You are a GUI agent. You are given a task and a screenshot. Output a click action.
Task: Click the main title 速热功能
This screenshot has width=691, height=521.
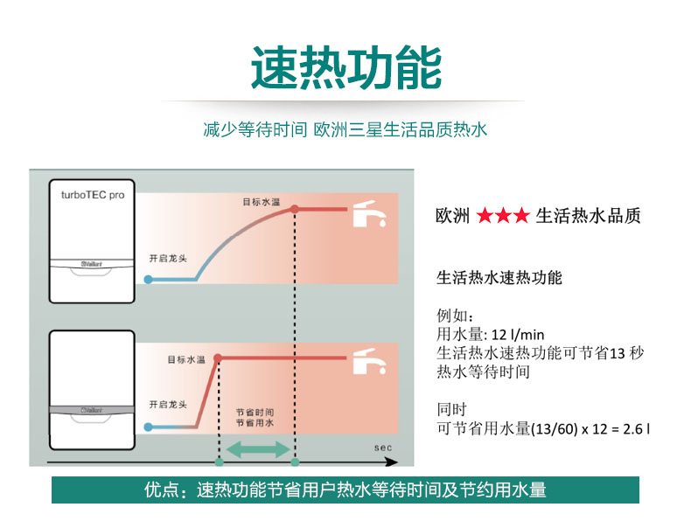346,67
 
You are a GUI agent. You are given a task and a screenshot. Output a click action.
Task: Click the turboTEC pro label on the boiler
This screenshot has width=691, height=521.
93,195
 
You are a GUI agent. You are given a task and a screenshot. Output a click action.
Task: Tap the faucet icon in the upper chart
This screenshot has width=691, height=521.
369,213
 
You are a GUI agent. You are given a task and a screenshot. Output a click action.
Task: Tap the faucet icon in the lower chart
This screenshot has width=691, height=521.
369,361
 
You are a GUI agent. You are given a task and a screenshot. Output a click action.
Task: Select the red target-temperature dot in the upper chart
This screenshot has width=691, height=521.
295,209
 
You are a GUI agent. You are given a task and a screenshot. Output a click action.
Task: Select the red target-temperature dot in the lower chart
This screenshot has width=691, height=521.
218,358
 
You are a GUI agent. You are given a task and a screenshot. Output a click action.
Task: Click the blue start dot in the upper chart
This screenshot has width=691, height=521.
149,279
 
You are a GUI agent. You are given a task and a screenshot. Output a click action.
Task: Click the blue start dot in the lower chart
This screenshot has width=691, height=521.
149,427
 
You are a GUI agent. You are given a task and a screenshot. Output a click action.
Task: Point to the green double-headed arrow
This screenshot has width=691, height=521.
257,449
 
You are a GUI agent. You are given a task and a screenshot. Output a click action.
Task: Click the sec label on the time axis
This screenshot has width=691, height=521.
382,448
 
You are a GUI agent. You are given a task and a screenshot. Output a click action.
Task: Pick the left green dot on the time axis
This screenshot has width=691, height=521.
219,462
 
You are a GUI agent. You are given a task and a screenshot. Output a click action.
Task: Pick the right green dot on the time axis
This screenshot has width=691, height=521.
296,462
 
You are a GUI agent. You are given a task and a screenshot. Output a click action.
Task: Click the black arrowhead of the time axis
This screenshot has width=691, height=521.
392,462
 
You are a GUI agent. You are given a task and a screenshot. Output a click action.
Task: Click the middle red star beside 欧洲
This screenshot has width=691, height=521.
503,215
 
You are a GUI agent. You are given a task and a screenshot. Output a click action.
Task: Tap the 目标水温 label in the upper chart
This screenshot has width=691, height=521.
262,202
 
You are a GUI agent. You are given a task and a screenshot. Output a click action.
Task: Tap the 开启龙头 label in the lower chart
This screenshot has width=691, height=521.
168,404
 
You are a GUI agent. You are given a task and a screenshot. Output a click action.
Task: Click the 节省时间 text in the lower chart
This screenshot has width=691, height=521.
255,413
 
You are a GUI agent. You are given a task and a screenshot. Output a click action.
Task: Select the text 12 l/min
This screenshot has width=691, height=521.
518,335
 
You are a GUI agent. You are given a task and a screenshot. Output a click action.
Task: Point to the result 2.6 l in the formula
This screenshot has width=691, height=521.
636,428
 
